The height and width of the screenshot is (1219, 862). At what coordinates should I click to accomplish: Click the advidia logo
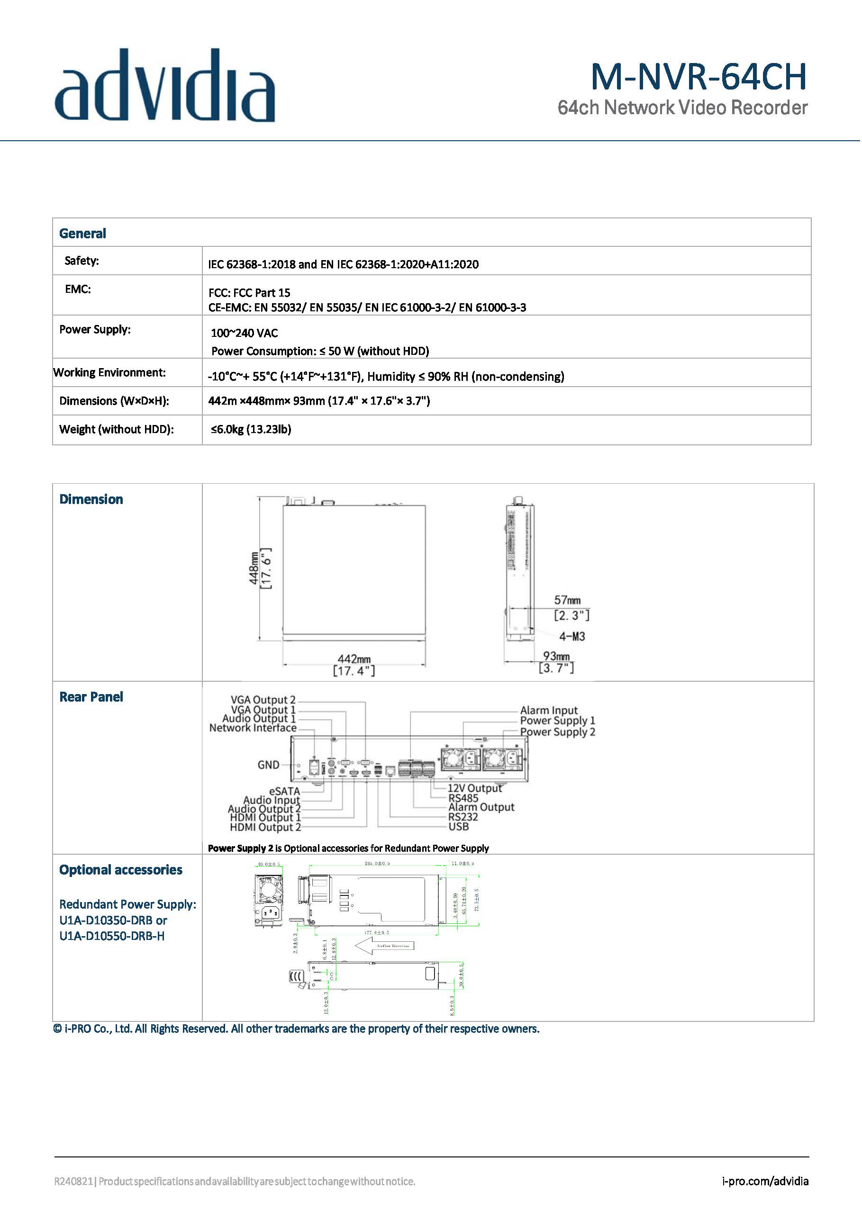click(x=164, y=86)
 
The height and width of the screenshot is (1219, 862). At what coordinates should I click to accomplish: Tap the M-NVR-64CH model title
click(x=699, y=77)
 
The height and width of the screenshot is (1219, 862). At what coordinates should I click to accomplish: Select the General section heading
click(x=82, y=234)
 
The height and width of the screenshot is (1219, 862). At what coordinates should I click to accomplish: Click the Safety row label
click(x=82, y=261)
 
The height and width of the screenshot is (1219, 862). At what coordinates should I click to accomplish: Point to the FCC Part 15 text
click(x=249, y=292)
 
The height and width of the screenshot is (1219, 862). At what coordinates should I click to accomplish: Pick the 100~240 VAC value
click(x=245, y=333)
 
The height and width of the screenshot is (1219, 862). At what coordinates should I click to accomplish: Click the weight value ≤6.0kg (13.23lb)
click(x=251, y=429)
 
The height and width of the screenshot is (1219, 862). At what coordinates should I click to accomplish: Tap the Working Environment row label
click(x=109, y=373)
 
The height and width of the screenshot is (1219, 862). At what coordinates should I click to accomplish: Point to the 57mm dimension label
click(x=567, y=600)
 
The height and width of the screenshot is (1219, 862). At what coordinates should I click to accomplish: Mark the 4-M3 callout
click(x=572, y=636)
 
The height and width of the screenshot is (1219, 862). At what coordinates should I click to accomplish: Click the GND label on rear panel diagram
click(x=268, y=765)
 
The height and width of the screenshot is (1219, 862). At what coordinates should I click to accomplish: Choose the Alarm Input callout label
click(x=549, y=710)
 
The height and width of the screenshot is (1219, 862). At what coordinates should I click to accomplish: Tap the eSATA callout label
click(x=285, y=791)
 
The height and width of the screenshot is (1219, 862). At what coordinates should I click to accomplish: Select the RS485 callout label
click(x=463, y=798)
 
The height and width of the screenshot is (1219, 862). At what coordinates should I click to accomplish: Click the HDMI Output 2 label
click(x=265, y=827)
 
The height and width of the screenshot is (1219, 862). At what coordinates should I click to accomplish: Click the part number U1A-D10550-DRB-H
click(x=112, y=936)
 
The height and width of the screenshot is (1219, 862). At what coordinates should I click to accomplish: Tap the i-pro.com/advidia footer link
click(x=765, y=1181)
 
